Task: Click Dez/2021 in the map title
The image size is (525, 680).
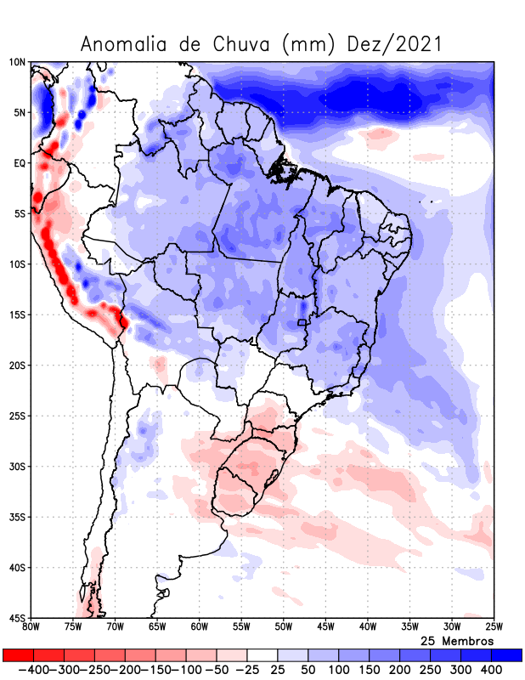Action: [396, 44]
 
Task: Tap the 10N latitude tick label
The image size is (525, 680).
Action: [17, 62]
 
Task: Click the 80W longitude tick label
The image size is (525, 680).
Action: [31, 627]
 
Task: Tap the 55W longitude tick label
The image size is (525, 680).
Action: [241, 627]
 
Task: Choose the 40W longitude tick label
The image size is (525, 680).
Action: [367, 627]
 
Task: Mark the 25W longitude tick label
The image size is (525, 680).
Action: [494, 627]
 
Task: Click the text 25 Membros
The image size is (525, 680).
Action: [457, 640]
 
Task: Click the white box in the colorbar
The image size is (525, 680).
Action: [262, 655]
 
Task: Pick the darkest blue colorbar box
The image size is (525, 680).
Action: [507, 655]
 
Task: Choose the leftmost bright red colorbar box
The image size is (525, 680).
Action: [18, 655]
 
